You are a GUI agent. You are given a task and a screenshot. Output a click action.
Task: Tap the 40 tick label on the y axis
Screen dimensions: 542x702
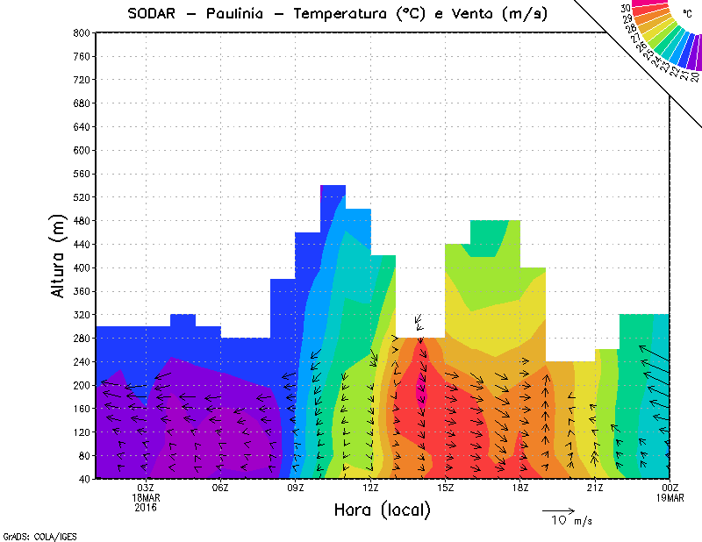tap(85, 479)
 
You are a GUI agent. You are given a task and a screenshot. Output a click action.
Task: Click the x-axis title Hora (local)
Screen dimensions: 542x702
tap(383, 510)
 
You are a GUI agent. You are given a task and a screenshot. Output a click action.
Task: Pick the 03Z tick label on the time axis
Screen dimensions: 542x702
tap(146, 488)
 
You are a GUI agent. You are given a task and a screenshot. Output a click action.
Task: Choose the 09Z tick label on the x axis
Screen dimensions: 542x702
tap(296, 488)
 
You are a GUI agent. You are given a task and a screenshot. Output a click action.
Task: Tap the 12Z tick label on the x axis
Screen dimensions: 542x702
tap(370, 488)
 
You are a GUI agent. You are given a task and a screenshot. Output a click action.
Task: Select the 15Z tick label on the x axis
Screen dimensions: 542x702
tap(445, 488)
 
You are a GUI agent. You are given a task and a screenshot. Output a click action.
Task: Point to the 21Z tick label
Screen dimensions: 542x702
tap(595, 488)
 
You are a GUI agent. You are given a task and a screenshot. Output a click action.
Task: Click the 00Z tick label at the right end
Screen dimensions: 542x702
tap(670, 488)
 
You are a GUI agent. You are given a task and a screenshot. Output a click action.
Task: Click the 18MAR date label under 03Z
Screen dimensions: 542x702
tap(146, 497)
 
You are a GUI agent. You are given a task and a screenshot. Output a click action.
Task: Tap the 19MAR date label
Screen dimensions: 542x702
tap(670, 497)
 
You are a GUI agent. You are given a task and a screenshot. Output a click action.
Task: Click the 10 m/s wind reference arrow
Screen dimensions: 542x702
tap(558, 510)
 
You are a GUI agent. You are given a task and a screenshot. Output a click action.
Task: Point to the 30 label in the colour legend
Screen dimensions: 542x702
tap(626, 9)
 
